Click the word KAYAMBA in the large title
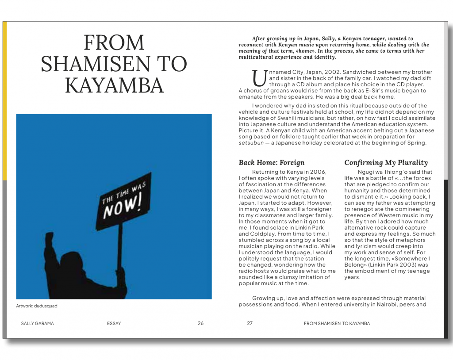[114, 85]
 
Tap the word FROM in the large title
[114, 43]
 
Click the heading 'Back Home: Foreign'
[272, 162]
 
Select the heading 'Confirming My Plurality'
[386, 162]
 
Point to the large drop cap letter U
[260, 78]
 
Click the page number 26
[201, 323]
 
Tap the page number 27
[250, 323]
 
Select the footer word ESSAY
[114, 323]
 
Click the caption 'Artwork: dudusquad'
[37, 306]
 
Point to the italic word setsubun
[250, 143]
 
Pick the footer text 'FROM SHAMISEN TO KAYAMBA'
[337, 323]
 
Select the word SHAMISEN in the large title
[114, 64]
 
